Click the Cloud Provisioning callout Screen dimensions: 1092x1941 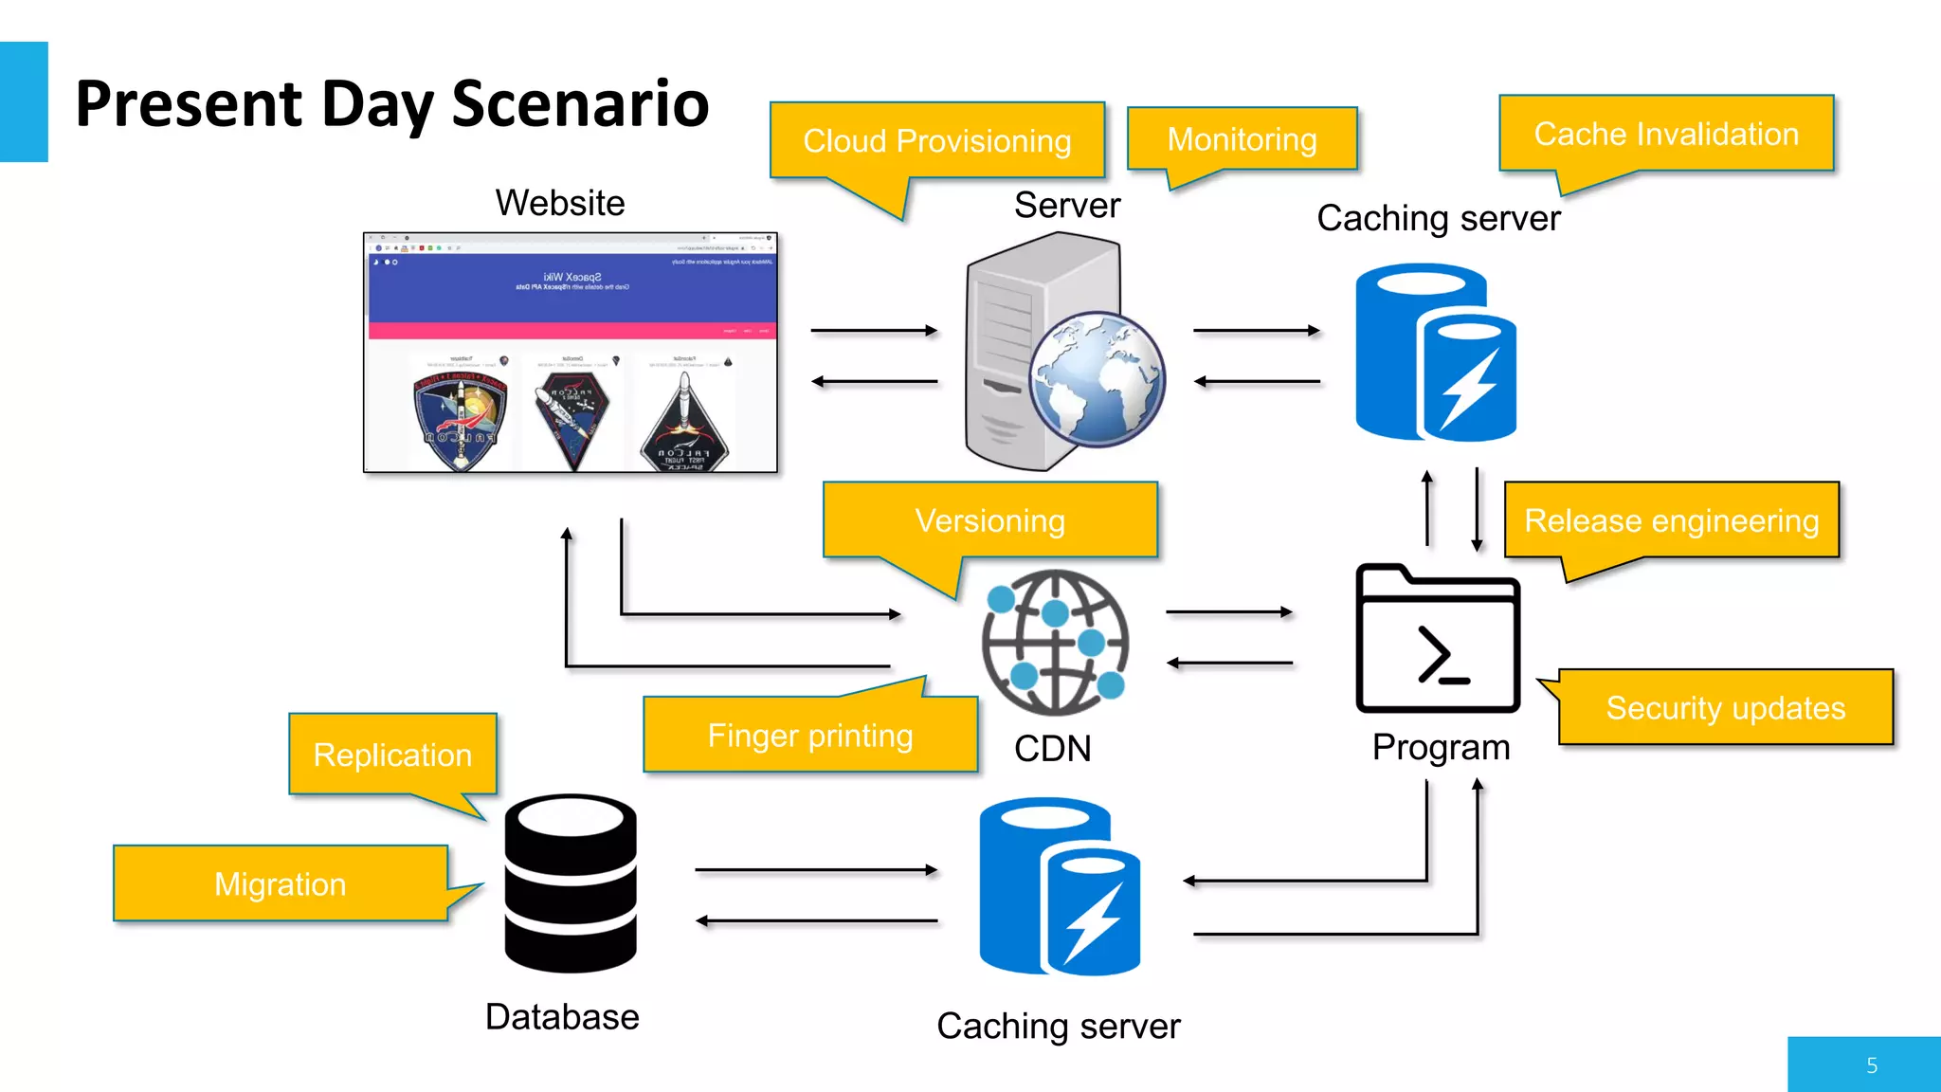(x=937, y=141)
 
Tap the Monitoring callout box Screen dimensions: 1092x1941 (x=1242, y=139)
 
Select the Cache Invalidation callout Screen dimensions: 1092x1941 (x=1666, y=134)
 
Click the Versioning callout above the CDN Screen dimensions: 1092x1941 (x=990, y=520)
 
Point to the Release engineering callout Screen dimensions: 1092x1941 (x=1671, y=520)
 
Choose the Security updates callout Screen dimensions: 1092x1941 (x=1725, y=708)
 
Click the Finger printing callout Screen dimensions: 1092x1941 (x=810, y=736)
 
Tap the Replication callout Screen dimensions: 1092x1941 (x=392, y=755)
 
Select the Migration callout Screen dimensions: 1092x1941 (x=281, y=883)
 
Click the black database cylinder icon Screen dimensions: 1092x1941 (x=571, y=883)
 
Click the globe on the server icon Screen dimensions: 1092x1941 (x=1097, y=379)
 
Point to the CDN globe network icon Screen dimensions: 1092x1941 (x=1055, y=642)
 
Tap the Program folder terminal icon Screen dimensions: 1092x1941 (x=1439, y=640)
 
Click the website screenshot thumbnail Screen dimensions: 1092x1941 (x=571, y=353)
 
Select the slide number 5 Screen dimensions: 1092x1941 (x=1871, y=1065)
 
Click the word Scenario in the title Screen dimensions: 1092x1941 (x=580, y=103)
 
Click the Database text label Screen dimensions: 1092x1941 (x=562, y=1017)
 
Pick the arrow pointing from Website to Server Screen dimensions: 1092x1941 (x=874, y=331)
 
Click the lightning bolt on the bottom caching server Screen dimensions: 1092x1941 (x=1093, y=922)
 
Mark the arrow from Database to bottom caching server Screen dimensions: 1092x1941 (x=816, y=869)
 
